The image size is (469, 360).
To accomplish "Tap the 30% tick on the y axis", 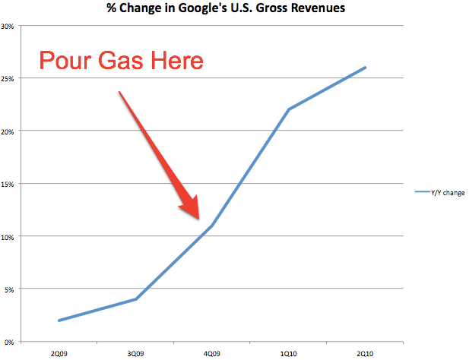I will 10,26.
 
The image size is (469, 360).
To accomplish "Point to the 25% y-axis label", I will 10,78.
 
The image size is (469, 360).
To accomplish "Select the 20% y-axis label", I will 10,131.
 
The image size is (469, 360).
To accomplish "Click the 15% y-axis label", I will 10,184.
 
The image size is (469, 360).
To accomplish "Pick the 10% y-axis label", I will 10,236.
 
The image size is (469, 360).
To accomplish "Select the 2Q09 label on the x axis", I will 59,352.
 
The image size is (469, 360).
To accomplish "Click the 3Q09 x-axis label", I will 135,352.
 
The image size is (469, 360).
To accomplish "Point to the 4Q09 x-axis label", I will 212,352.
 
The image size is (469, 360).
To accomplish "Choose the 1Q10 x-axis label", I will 289,352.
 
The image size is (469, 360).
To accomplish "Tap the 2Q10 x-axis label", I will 366,352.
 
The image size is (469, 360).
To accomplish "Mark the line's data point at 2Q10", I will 366,68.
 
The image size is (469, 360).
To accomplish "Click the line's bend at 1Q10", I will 289,109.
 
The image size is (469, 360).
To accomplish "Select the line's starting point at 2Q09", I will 59,321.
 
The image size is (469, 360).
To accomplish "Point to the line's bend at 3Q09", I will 135,299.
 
